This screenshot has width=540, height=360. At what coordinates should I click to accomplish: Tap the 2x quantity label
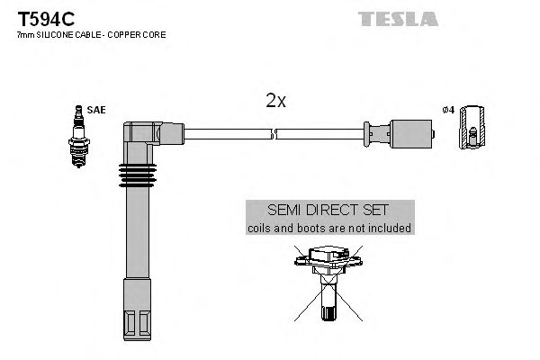point(275,101)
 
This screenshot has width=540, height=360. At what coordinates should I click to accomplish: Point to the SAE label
point(96,110)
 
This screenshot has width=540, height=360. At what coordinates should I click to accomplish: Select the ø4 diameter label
point(449,111)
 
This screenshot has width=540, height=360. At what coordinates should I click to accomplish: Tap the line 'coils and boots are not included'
point(329,228)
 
